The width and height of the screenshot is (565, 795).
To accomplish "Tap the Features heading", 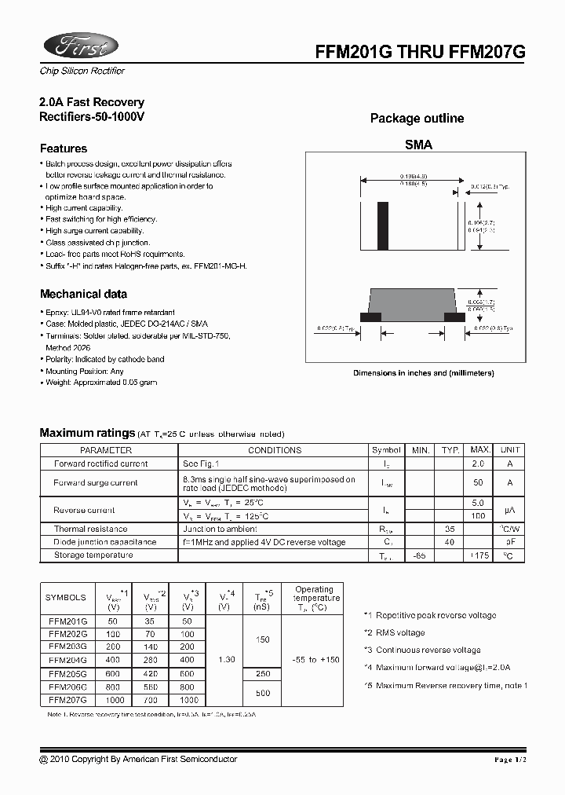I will (x=64, y=148).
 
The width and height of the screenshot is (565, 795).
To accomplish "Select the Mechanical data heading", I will (x=83, y=295).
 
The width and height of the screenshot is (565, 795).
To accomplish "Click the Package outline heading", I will (x=417, y=119).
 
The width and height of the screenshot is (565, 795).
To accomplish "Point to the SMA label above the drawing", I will (x=418, y=145).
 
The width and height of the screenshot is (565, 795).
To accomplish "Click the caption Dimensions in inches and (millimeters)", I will (x=423, y=373).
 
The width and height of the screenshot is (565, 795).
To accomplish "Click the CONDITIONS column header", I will (x=275, y=450).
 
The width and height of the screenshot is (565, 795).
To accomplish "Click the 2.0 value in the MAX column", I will (x=477, y=463).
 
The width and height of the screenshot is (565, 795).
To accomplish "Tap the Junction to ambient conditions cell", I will (x=221, y=529).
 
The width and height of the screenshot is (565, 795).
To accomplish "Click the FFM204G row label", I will (x=67, y=659).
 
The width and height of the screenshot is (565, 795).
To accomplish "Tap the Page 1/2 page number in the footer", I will (x=514, y=760).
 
